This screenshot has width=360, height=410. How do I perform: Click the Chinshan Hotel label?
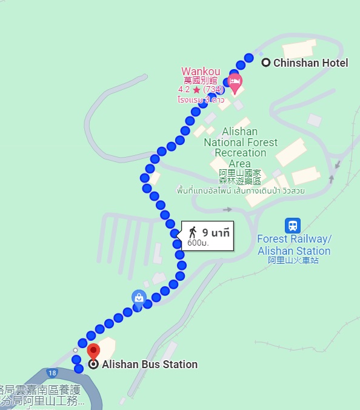[310, 63]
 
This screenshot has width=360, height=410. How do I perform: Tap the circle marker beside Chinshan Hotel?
[265, 62]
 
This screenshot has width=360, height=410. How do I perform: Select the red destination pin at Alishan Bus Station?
[93, 351]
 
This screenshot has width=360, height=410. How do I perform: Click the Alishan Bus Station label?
[150, 365]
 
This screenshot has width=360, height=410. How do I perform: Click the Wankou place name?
[201, 72]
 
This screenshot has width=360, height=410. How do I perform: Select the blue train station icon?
[293, 226]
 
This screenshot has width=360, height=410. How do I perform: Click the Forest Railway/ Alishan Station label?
[294, 244]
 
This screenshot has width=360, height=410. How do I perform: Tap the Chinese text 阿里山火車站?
[293, 261]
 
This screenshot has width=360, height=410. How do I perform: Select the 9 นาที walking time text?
[216, 232]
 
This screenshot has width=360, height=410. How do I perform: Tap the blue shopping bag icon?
[139, 297]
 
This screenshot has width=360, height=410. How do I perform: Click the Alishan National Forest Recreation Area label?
[240, 147]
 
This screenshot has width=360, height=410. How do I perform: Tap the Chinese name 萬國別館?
[201, 81]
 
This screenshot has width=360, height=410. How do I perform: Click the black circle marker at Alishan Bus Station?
[93, 365]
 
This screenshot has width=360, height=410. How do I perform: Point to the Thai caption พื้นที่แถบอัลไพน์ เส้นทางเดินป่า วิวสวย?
[241, 190]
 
